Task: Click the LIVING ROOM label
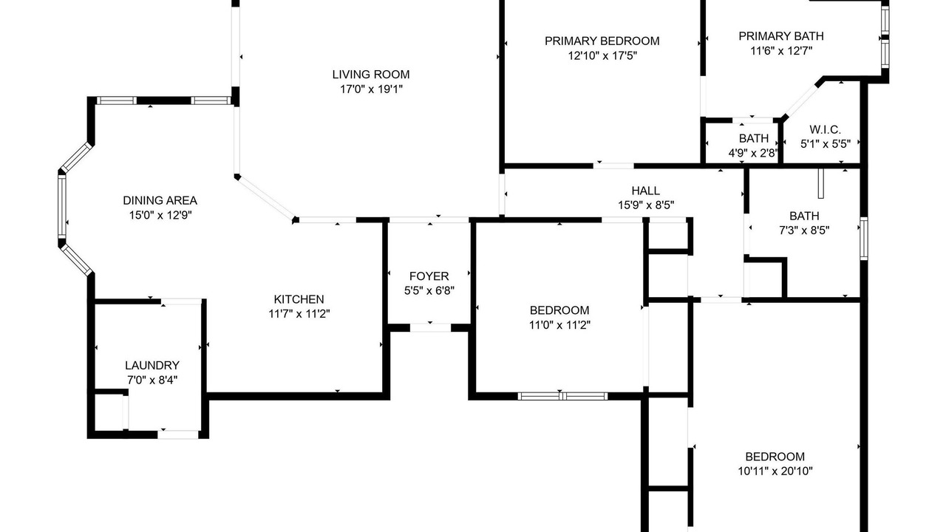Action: click(371, 75)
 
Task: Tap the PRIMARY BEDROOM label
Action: click(602, 41)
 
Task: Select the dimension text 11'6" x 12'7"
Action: click(781, 51)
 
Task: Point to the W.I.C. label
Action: click(826, 129)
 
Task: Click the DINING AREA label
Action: click(160, 200)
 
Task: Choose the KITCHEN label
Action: click(299, 299)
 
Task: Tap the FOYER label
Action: click(429, 276)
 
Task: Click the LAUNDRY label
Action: click(152, 365)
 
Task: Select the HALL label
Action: click(646, 191)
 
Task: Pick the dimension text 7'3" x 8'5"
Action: click(804, 231)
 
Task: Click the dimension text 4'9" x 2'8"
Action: click(753, 153)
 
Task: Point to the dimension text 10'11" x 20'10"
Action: click(775, 471)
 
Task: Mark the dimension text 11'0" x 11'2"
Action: click(559, 325)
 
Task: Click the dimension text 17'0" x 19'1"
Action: click(371, 89)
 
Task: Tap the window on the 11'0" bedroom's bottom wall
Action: click(562, 396)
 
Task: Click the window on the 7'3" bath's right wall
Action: click(864, 239)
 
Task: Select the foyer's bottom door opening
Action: click(430, 327)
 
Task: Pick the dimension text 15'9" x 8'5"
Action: click(646, 205)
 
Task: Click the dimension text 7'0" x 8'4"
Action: click(152, 380)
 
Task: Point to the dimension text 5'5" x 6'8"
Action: click(429, 291)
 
